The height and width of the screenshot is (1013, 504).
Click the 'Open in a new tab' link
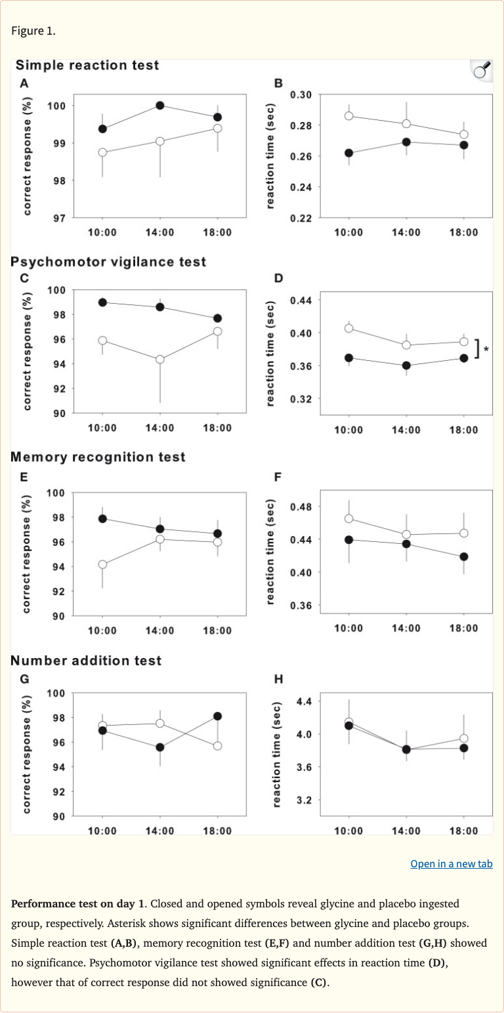[451, 863]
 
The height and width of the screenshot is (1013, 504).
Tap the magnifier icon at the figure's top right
[482, 70]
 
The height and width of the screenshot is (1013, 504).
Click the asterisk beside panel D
[486, 349]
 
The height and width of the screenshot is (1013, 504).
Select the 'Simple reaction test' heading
[87, 66]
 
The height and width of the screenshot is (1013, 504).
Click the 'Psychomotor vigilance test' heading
[108, 262]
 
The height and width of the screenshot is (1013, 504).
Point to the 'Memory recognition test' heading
[98, 457]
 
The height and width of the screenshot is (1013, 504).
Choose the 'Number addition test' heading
[86, 661]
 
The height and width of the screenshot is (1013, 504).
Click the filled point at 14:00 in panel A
[160, 106]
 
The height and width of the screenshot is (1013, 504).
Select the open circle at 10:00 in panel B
[349, 116]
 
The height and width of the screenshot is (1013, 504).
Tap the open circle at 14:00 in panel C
[160, 360]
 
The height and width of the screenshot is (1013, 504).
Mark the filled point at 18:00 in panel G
[218, 716]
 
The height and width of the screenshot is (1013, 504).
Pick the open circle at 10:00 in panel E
[102, 564]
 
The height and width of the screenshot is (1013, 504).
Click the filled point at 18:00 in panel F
[464, 557]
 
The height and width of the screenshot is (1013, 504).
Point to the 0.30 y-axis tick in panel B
[301, 95]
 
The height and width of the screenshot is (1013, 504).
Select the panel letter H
[278, 679]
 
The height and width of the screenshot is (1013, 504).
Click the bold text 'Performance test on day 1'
[74, 903]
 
